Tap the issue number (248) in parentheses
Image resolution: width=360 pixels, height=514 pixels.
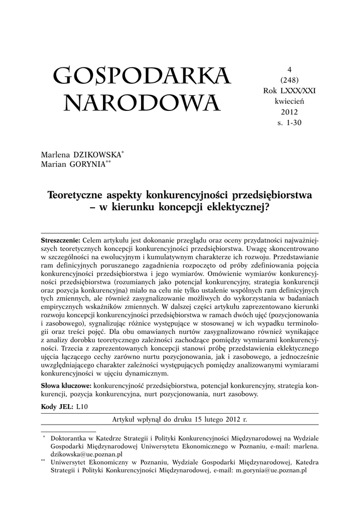[289, 80]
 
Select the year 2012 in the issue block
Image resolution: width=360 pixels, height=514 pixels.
[289, 111]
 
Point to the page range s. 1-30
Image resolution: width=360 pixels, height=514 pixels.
[289, 122]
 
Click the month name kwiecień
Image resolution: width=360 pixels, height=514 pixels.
[289, 101]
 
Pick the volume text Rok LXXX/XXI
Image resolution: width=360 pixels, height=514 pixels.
[289, 90]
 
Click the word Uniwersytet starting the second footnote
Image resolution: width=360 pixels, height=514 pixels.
[72, 463]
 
